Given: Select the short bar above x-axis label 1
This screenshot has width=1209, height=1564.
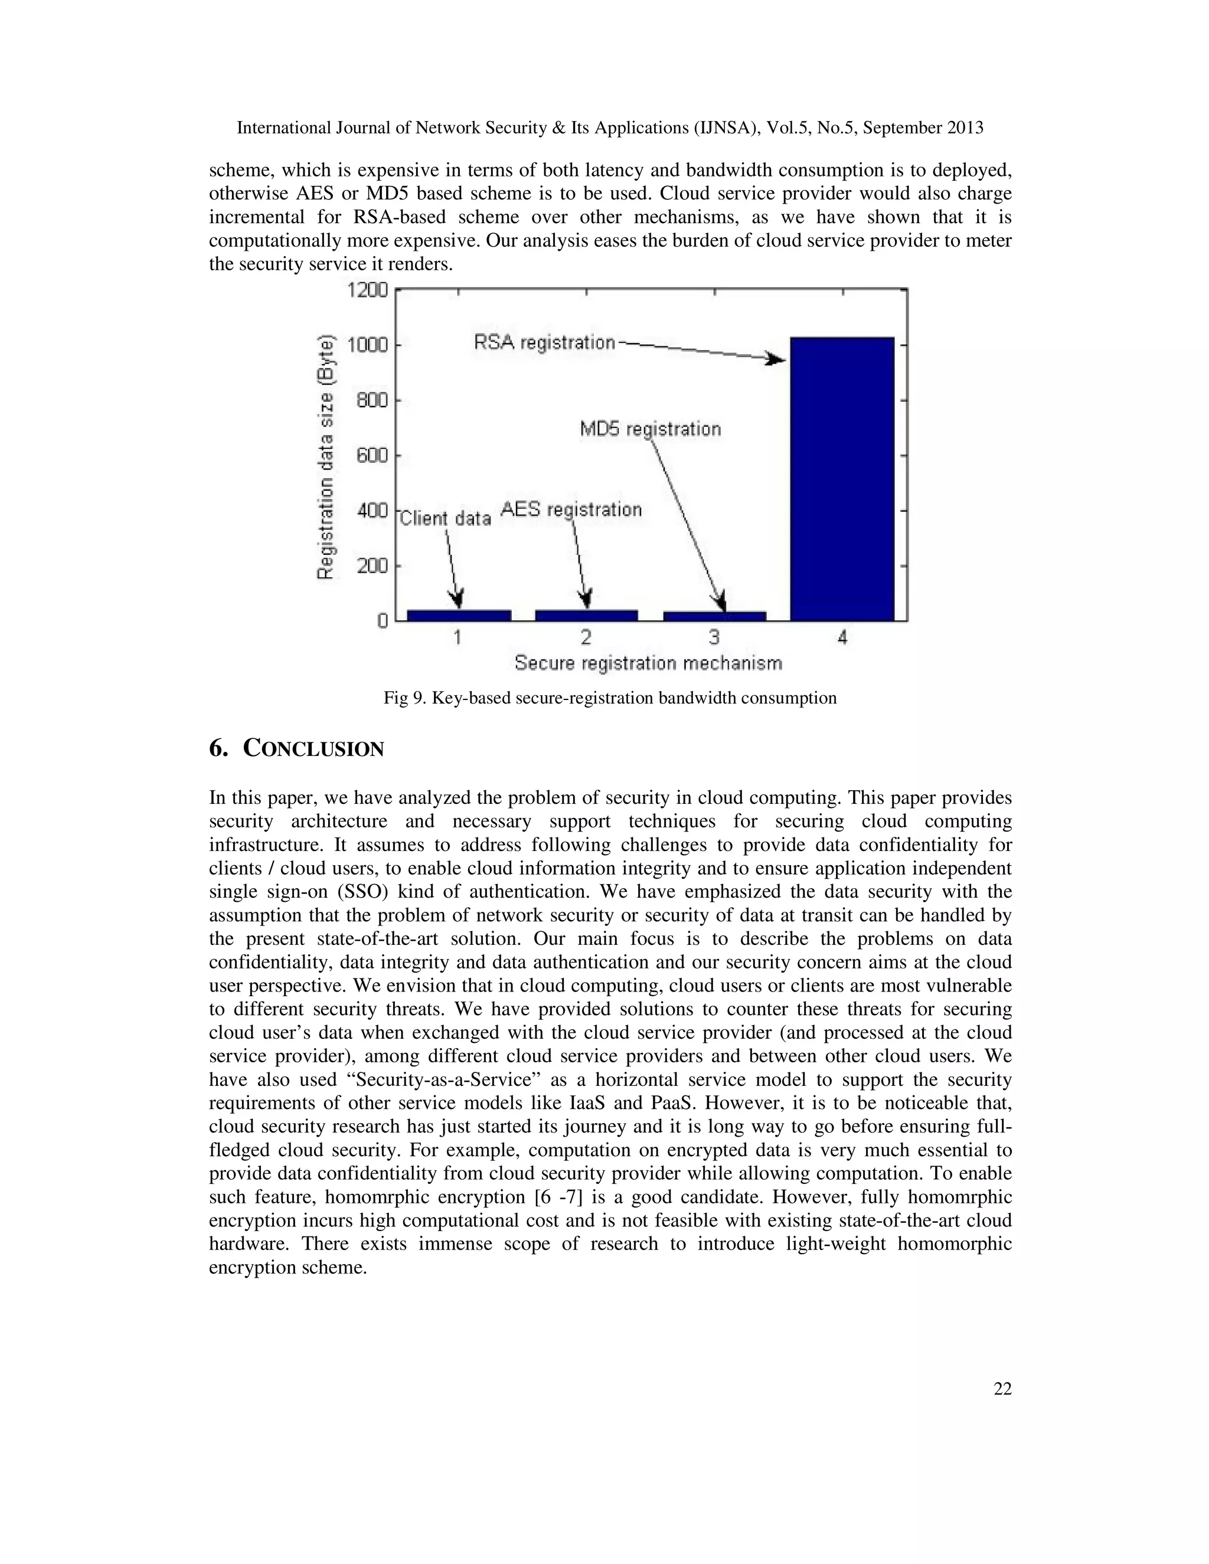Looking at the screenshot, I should point(458,614).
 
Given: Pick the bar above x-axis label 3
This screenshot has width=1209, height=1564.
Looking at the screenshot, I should point(715,615).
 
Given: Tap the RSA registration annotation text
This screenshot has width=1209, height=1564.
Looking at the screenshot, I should point(544,342).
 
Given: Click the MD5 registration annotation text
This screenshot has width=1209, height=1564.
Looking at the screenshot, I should point(649,429).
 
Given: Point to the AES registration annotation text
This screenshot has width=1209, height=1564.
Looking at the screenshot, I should point(571,509).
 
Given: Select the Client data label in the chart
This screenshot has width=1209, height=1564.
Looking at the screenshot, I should point(445,518).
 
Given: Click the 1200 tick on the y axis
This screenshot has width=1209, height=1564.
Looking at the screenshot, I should point(367,290).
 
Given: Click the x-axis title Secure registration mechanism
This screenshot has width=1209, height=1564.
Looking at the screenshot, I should point(648,663).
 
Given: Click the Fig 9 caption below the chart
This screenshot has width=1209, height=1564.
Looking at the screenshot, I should point(609,698).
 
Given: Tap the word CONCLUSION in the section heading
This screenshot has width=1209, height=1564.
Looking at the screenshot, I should point(313,748).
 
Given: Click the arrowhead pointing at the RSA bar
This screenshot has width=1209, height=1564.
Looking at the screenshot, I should point(776,359).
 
